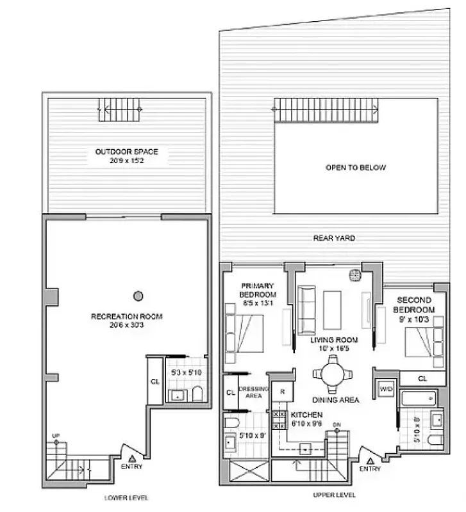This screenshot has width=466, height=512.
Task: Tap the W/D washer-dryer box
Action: (387, 388)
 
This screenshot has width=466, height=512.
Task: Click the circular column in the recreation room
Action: (137, 296)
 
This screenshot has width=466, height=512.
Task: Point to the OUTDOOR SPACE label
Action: (126, 152)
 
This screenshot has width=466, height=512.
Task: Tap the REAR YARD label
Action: (334, 238)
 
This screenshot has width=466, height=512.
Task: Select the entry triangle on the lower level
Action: (132, 458)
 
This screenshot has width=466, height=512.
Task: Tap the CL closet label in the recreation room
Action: (154, 382)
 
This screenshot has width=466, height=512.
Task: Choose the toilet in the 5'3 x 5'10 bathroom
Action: (197, 394)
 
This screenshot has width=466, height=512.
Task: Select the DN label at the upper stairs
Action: (337, 424)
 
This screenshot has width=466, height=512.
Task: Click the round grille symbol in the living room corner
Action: (353, 276)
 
